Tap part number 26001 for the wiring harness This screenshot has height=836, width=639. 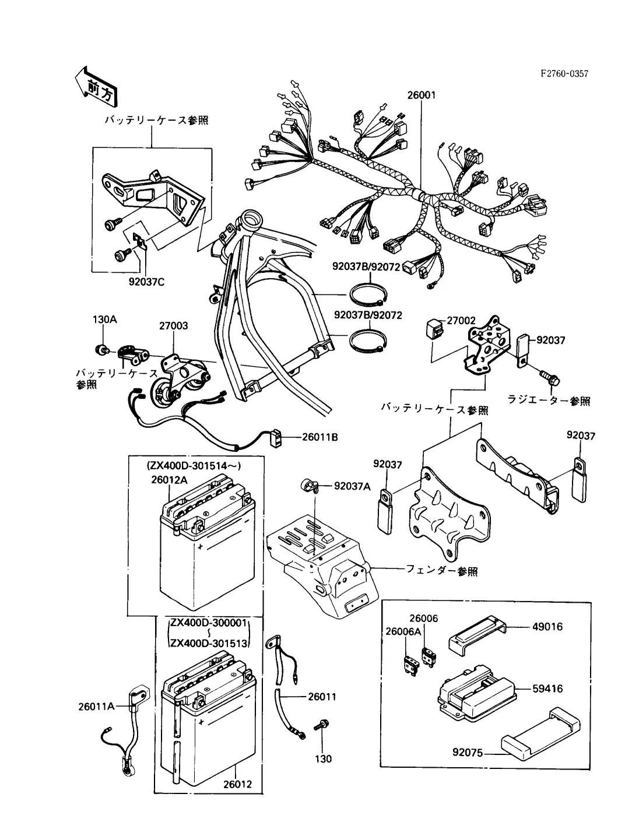click(x=422, y=95)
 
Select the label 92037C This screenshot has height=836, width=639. click(x=147, y=283)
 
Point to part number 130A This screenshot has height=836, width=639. click(x=105, y=319)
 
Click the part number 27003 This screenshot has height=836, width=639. click(x=173, y=326)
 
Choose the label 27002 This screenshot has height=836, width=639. click(x=461, y=321)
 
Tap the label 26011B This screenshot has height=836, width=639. click(x=320, y=436)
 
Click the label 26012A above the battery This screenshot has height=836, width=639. click(x=169, y=479)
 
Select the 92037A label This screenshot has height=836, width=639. click(x=352, y=486)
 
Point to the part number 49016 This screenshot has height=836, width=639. click(x=547, y=627)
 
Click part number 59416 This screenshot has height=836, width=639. click(x=547, y=689)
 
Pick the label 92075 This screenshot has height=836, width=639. click(x=467, y=752)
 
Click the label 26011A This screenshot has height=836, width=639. click(x=96, y=707)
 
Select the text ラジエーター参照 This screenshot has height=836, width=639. click(x=549, y=401)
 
